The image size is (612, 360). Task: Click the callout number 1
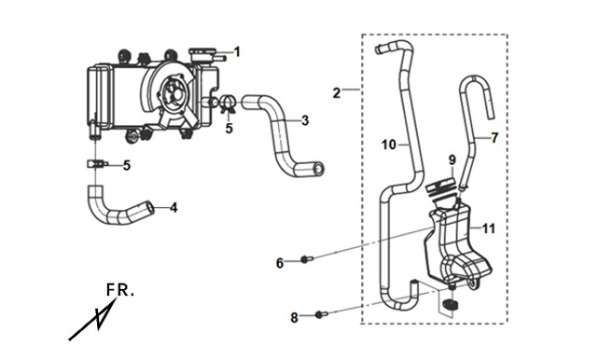[237, 52]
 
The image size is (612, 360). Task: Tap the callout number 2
[337, 93]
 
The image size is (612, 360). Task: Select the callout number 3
[305, 120]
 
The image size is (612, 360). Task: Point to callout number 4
[174, 207]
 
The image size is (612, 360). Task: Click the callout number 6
[280, 263]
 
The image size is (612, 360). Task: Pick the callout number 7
[494, 138]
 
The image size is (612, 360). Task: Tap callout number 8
[294, 318]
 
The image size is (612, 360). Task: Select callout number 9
[452, 159]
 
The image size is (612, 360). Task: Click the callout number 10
[389, 145]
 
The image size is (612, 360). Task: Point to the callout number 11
[489, 228]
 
